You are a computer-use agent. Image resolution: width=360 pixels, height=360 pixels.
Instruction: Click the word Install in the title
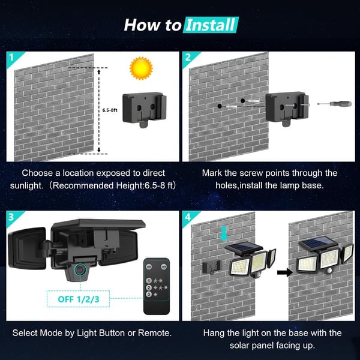[210, 25]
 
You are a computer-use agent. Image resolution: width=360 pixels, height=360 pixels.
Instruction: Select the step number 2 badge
[188, 59]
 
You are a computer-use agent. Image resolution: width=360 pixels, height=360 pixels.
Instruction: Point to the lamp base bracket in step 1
[144, 107]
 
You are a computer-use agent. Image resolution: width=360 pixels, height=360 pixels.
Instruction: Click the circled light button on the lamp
[80, 270]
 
